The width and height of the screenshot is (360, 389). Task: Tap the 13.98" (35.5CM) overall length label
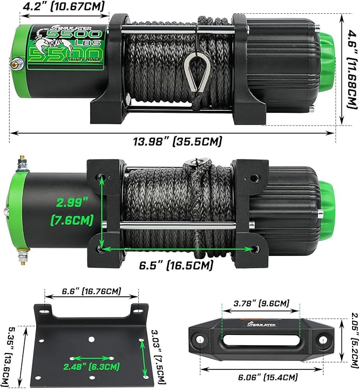click(x=179, y=142)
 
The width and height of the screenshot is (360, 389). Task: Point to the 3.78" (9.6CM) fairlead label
click(x=261, y=303)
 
